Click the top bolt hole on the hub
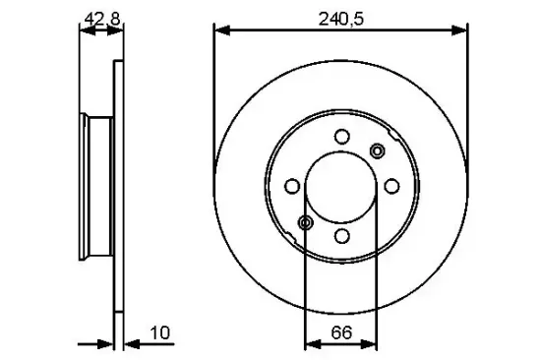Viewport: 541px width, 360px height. coord(341,137)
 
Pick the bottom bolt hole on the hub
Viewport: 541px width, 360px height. coord(341,236)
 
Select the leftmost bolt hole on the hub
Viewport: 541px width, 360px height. coord(292,186)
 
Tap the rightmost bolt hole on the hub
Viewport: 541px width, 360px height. coord(391,186)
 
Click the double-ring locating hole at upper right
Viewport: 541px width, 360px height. coord(377,150)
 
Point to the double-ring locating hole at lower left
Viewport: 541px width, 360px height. coord(306,223)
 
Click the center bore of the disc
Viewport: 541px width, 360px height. coord(341,186)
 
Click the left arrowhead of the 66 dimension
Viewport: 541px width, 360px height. coord(312,344)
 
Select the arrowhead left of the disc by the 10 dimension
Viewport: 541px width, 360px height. coord(107,344)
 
